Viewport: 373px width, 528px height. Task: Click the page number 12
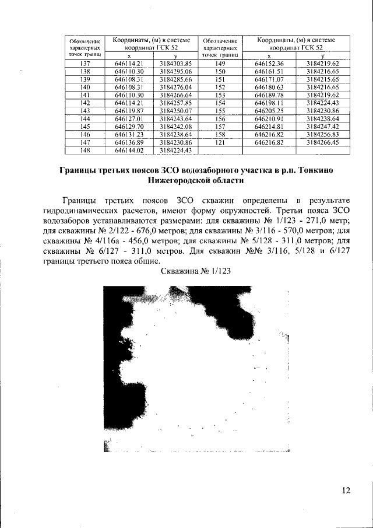pos(346,491)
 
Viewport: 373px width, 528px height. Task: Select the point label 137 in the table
pos(85,63)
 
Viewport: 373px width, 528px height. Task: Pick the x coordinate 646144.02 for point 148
pos(129,150)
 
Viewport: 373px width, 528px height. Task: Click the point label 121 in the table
pos(220,142)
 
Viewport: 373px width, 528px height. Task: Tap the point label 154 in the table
pos(220,102)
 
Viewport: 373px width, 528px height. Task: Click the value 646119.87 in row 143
pos(129,110)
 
